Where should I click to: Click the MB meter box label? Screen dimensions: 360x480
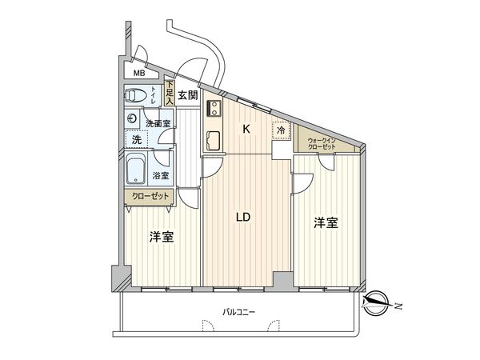click(x=140, y=74)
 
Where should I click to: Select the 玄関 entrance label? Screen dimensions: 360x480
click(x=187, y=96)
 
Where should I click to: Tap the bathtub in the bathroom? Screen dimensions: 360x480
click(x=136, y=171)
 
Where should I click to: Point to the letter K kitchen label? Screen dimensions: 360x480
click(x=246, y=128)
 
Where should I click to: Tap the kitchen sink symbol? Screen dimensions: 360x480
click(x=214, y=141)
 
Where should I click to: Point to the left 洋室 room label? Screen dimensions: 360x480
click(x=162, y=238)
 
